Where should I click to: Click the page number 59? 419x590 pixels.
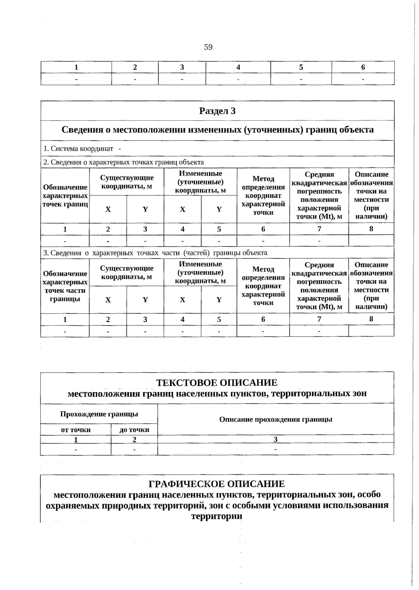pyautogui.click(x=208, y=47)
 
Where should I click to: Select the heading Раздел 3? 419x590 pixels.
pyautogui.click(x=217, y=111)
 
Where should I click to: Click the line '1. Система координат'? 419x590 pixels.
pyautogui.click(x=78, y=149)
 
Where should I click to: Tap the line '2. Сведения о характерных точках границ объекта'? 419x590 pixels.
pyautogui.click(x=123, y=162)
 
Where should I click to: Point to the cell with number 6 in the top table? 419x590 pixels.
pyautogui.click(x=363, y=67)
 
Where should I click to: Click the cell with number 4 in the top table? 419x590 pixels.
pyautogui.click(x=238, y=67)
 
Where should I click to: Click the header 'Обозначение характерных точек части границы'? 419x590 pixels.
pyautogui.click(x=65, y=286)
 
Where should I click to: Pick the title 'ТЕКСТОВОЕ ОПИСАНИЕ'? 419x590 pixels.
pyautogui.click(x=217, y=383)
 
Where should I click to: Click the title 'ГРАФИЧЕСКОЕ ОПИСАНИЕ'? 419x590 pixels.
pyautogui.click(x=217, y=484)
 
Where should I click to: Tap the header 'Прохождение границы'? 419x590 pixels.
pyautogui.click(x=99, y=414)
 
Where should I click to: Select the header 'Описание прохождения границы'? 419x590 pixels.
pyautogui.click(x=275, y=419)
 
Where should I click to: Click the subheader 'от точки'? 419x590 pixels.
pyautogui.click(x=76, y=430)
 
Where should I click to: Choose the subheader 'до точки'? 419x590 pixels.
pyautogui.click(x=134, y=430)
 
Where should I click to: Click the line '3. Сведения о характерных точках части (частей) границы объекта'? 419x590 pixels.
pyautogui.click(x=155, y=253)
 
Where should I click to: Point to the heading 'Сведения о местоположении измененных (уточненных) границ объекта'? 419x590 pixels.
pyautogui.click(x=217, y=130)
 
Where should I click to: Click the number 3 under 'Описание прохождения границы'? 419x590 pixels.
pyautogui.click(x=275, y=439)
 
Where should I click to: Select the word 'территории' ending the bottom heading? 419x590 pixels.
pyautogui.click(x=217, y=516)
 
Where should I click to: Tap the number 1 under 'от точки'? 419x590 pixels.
pyautogui.click(x=76, y=440)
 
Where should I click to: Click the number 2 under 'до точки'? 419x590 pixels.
pyautogui.click(x=134, y=440)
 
